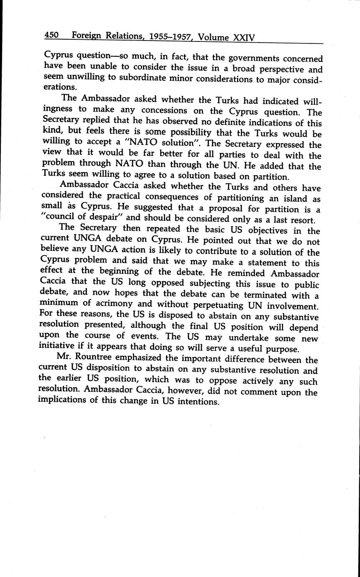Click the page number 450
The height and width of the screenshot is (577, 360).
52,36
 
